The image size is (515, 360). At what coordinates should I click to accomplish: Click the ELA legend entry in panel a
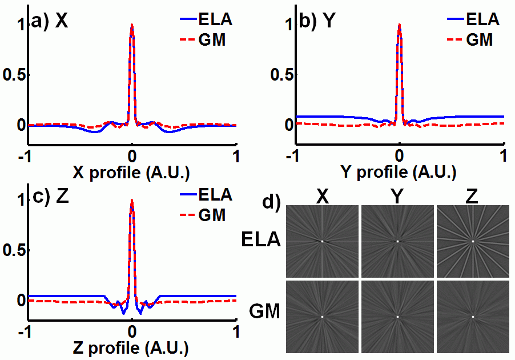point(205,21)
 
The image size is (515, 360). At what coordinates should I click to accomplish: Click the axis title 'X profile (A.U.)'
point(132,172)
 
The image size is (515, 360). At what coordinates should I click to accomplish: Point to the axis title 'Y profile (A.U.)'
point(399,172)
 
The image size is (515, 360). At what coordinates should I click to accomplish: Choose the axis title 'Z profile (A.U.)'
point(132,347)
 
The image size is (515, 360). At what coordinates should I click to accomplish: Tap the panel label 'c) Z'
point(51,197)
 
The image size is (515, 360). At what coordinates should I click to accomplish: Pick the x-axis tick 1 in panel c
point(236,332)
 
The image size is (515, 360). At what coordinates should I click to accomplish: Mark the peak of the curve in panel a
point(132,25)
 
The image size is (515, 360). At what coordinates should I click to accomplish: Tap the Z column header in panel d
point(472,197)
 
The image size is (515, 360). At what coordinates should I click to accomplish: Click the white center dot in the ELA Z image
point(473,241)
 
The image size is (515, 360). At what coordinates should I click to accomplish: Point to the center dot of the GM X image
point(322,317)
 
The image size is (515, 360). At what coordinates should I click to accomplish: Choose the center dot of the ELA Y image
point(397,241)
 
